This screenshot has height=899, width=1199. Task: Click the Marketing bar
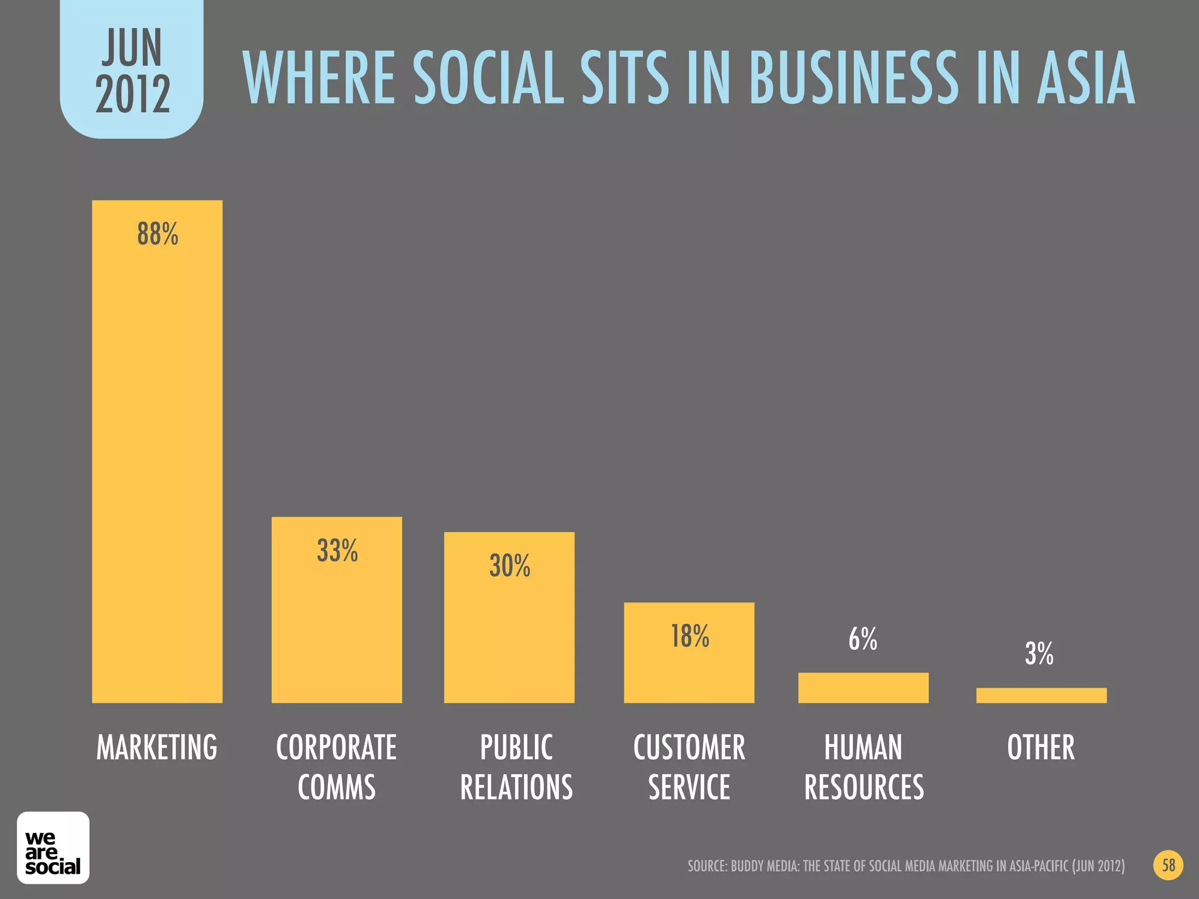click(157, 451)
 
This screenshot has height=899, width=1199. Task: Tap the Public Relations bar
click(509, 617)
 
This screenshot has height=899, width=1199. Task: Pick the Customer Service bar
click(689, 653)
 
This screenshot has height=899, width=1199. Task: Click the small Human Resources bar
click(863, 688)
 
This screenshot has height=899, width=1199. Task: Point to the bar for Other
click(1041, 695)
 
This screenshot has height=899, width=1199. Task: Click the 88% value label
click(157, 234)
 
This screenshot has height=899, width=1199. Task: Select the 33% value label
click(337, 551)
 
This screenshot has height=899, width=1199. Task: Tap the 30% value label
click(510, 566)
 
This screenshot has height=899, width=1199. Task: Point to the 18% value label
click(690, 636)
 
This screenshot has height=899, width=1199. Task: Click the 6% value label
click(863, 639)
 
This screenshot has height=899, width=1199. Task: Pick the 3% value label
click(1039, 654)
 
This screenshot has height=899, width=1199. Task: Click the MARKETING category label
click(157, 747)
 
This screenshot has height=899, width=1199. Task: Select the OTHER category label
click(1041, 747)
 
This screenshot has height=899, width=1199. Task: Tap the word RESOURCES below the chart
click(864, 787)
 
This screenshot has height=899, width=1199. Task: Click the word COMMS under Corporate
click(337, 787)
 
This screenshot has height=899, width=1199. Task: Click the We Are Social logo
click(53, 847)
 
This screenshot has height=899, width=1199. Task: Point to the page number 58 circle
click(1169, 865)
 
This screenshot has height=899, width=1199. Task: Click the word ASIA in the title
click(1086, 78)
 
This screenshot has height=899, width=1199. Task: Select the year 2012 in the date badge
click(133, 95)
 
